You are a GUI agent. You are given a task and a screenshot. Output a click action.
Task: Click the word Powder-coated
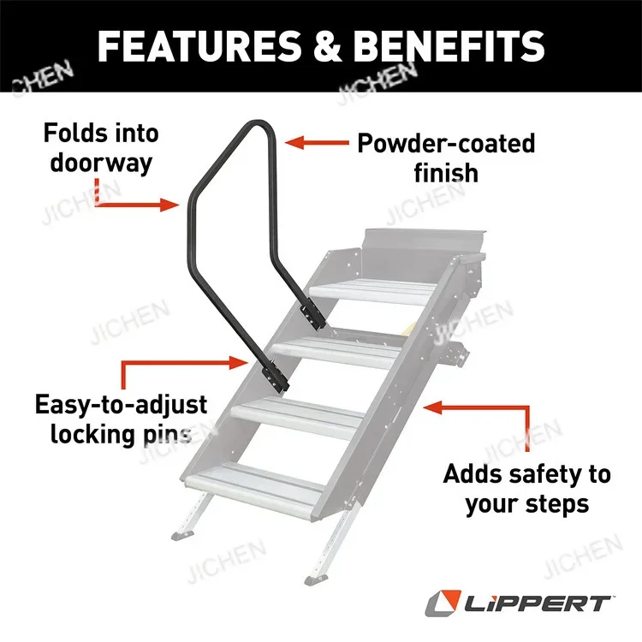[x=445, y=142]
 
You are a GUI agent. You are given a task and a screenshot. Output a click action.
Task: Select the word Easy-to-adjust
[x=121, y=403]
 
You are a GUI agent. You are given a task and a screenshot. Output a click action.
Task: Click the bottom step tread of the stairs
[x=257, y=483]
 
